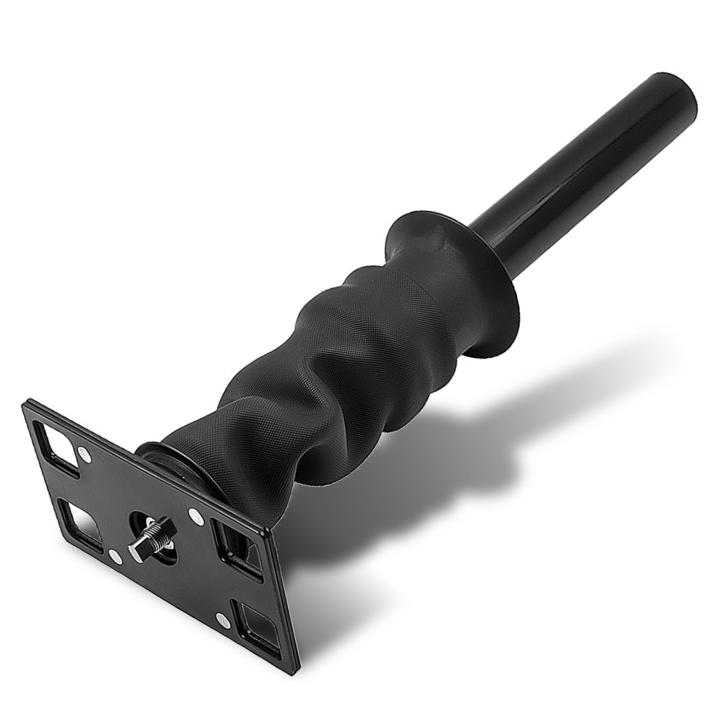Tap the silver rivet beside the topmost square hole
click(x=85, y=455)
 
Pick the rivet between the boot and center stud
click(x=194, y=516)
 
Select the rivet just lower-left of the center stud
click(x=115, y=557)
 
